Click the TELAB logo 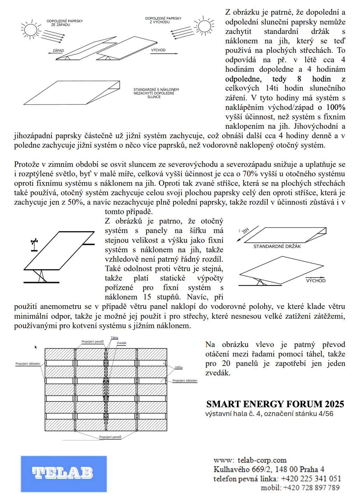(63, 473)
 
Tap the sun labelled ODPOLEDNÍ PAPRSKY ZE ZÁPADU (31, 29)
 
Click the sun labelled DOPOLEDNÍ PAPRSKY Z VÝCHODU (204, 26)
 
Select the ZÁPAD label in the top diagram (58, 50)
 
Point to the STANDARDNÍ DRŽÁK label (277, 246)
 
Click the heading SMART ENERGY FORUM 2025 (275, 404)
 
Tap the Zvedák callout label (122, 343)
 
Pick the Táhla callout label (115, 338)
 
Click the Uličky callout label (179, 367)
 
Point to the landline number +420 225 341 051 (311, 479)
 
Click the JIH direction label (245, 231)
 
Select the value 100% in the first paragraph (336, 107)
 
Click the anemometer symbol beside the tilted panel (34, 245)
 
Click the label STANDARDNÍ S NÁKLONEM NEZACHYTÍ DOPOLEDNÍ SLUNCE (156, 93)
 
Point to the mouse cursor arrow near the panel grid (36, 347)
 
